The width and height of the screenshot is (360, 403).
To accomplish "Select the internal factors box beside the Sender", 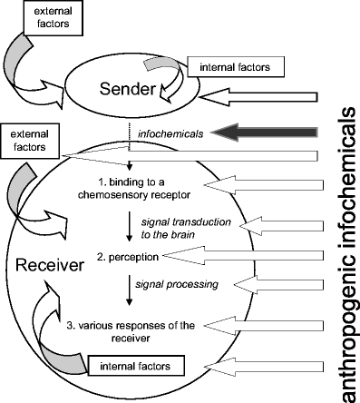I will (x=226, y=66).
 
